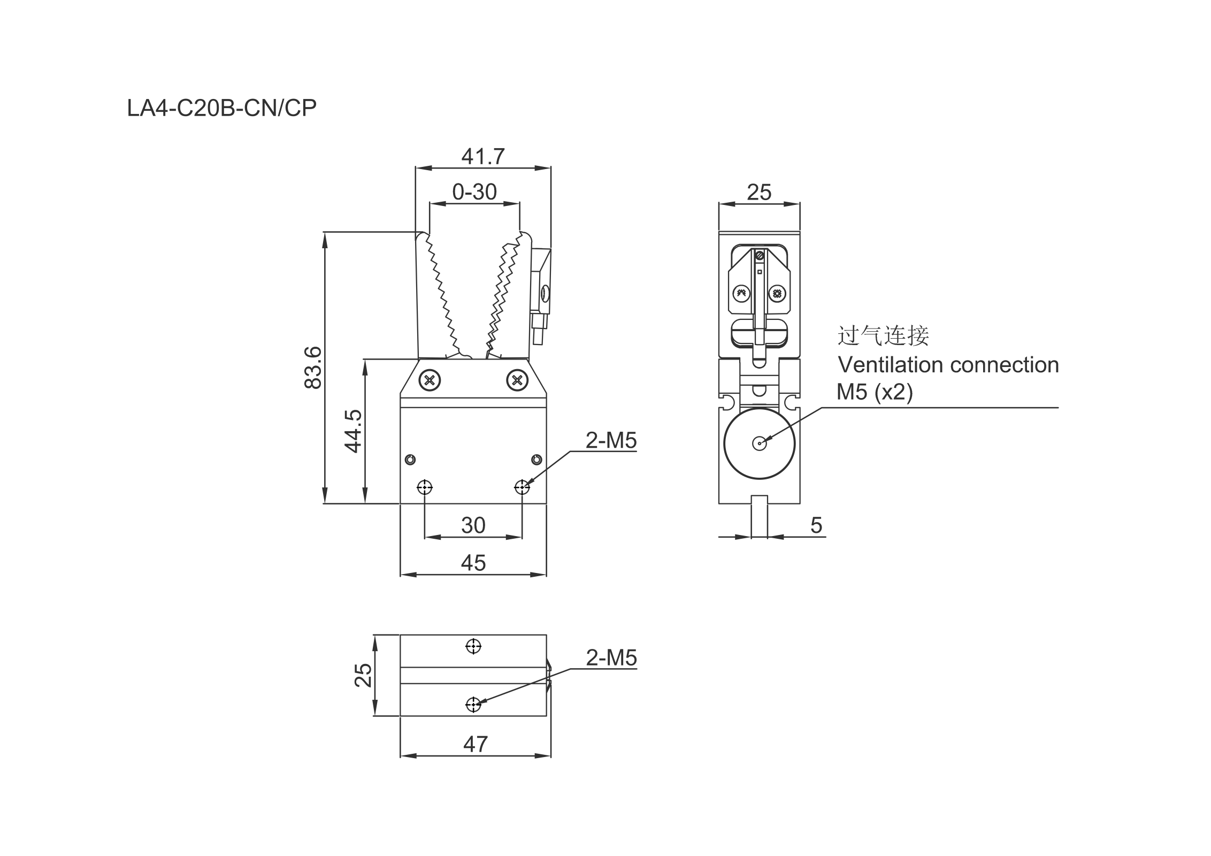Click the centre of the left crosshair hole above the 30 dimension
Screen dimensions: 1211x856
point(425,487)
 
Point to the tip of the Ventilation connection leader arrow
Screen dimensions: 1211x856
point(760,444)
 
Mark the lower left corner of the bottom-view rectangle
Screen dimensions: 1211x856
point(401,716)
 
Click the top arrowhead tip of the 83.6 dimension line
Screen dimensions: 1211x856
point(325,232)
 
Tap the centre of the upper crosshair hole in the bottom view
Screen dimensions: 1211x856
point(473,646)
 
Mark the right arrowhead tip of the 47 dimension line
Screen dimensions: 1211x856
point(550,756)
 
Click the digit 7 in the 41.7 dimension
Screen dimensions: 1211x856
point(497,157)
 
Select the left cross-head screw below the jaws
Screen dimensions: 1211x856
point(429,380)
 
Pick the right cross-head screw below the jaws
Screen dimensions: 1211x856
point(517,380)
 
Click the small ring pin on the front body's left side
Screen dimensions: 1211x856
point(410,460)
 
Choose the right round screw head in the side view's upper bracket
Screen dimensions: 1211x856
point(777,293)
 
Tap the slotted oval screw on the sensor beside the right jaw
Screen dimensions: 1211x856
point(545,293)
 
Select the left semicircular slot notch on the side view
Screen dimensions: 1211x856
point(725,401)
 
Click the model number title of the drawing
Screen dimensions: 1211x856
point(221,108)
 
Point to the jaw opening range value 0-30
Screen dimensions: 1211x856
point(474,192)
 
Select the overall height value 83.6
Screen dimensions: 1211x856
point(312,368)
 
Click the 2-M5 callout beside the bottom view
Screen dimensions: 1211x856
point(611,658)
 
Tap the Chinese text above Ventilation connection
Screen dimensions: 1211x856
point(883,335)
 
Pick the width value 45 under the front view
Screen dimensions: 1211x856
point(473,563)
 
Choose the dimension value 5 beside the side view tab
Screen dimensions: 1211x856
point(816,525)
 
